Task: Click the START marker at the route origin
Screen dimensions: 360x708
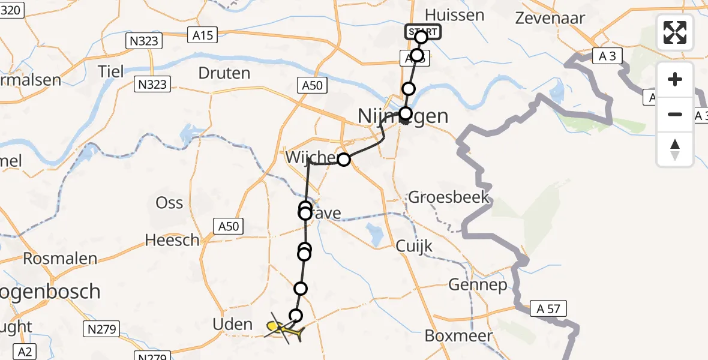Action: coord(423,31)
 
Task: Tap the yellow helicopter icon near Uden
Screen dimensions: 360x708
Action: coord(281,328)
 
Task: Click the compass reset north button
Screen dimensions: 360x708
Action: coord(675,149)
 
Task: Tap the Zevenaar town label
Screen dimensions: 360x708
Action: coord(550,18)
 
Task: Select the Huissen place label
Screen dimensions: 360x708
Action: coord(454,15)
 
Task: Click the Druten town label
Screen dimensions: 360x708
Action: coord(224,74)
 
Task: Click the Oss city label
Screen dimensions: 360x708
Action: coord(169,203)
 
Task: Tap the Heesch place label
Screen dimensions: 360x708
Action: coord(172,241)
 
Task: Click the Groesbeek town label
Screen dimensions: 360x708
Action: coord(449,197)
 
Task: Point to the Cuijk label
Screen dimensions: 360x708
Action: coord(414,247)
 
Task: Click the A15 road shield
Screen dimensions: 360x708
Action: coord(203,36)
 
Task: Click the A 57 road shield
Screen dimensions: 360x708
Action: coord(548,309)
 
